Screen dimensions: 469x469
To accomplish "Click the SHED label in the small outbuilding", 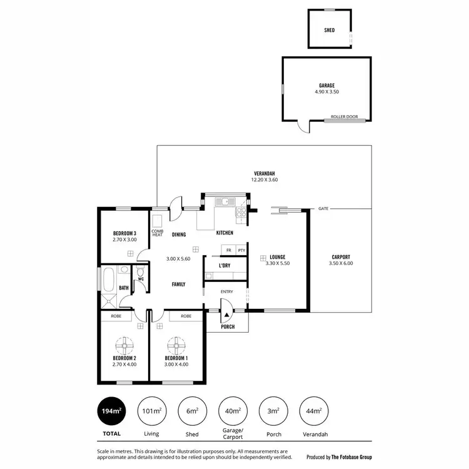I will [329, 30].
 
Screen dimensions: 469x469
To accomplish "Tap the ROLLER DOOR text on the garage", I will [344, 116].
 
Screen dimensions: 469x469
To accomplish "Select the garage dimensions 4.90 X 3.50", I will [326, 92].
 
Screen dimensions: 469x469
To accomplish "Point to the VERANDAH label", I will [265, 173].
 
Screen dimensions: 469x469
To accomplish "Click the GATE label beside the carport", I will [323, 208].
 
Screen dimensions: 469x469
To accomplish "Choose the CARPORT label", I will [340, 257].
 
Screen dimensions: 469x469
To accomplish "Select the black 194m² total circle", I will [111, 411].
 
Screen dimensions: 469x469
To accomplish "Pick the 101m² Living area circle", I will [151, 411].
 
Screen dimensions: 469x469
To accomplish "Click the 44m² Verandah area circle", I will [315, 411].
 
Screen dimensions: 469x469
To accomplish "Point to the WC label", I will [141, 279].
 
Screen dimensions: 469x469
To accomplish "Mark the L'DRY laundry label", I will [224, 266].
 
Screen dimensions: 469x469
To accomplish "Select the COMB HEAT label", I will [157, 233].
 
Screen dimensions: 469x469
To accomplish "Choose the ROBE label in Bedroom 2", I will [116, 316].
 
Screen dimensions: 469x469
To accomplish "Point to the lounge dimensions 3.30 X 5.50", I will [278, 263].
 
